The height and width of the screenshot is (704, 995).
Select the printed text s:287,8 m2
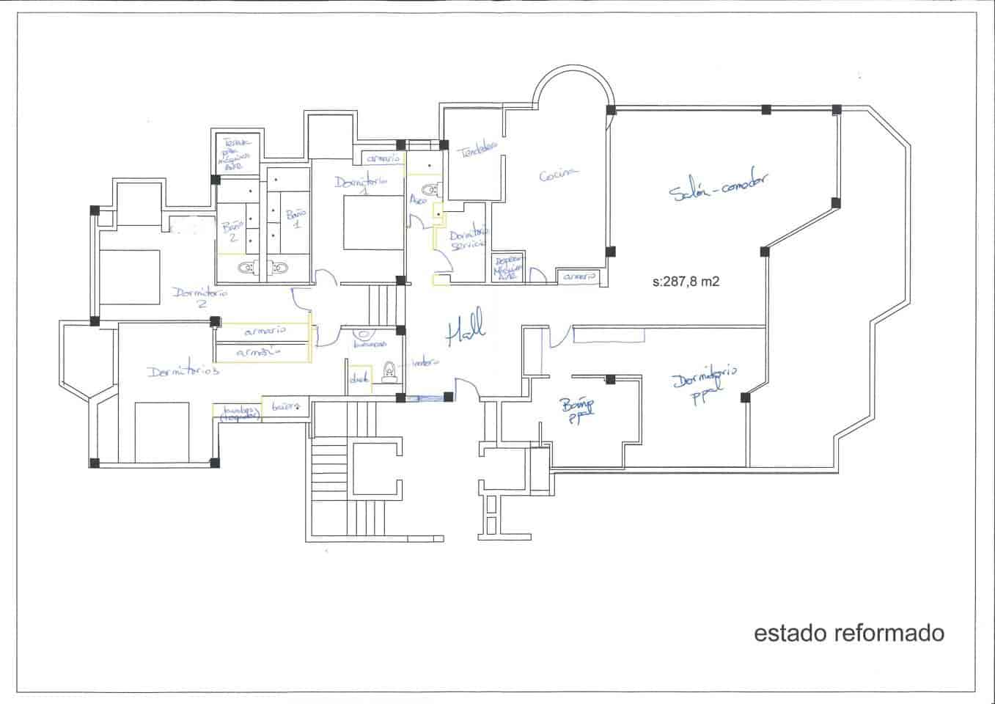[x=686, y=280]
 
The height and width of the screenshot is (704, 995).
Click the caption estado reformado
[x=849, y=633]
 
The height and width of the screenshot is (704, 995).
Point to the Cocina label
[x=558, y=175]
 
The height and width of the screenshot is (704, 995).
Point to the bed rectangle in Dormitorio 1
[x=374, y=222]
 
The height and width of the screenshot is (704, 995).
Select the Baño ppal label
[x=579, y=410]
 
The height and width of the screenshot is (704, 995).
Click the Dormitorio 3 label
[x=183, y=371]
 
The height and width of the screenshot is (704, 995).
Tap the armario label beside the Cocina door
[x=580, y=277]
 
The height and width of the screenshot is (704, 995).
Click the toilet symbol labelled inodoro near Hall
[x=389, y=373]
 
